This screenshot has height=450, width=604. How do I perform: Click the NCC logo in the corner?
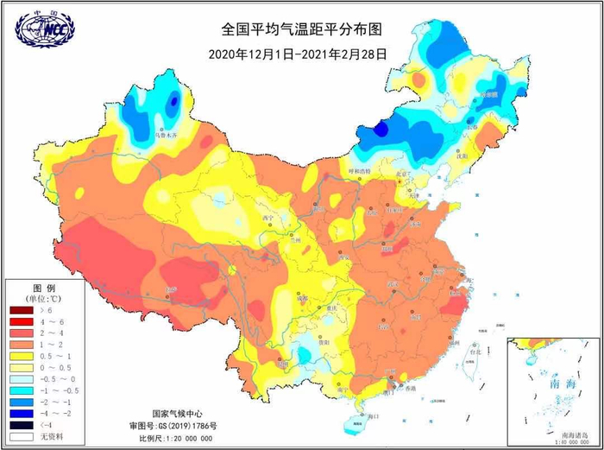[42, 27]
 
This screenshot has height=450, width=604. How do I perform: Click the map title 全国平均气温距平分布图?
[301, 29]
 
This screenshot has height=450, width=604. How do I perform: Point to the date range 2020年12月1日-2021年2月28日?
[297, 54]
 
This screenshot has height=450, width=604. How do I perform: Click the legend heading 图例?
[43, 287]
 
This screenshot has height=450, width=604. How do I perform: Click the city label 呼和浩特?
[358, 172]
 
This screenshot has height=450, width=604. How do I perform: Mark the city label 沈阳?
[486, 156]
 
